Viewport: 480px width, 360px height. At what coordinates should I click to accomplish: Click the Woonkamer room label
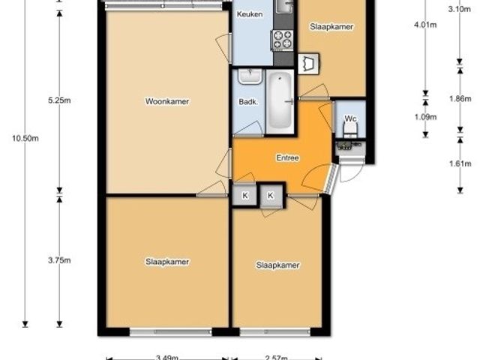point(167,101)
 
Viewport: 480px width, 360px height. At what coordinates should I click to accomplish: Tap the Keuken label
point(250,14)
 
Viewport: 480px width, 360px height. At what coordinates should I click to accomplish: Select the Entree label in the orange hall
point(287,157)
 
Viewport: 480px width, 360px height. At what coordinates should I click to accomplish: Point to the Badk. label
point(248,102)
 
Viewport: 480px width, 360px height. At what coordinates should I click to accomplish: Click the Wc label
point(350,118)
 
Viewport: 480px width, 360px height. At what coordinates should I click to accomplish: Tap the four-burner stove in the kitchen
point(283,40)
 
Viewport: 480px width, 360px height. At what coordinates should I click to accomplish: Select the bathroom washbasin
point(250,76)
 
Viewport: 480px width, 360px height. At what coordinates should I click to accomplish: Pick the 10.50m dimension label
point(25,138)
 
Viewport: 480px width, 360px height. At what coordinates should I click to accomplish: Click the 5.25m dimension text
point(59,100)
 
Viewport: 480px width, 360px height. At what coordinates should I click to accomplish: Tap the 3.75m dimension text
point(59,260)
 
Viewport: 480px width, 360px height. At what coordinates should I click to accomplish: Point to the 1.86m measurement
point(460,98)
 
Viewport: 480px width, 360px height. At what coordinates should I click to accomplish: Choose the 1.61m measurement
point(460,163)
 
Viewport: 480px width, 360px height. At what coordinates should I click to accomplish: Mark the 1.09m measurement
point(425,117)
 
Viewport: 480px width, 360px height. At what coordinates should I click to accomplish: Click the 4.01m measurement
point(425,25)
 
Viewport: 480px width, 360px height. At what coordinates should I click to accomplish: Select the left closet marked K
point(245,195)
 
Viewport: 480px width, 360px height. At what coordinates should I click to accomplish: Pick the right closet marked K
point(271,195)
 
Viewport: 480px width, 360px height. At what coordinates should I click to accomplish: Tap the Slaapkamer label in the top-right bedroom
point(331,27)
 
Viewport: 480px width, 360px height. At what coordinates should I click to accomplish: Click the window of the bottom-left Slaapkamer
point(171,331)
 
